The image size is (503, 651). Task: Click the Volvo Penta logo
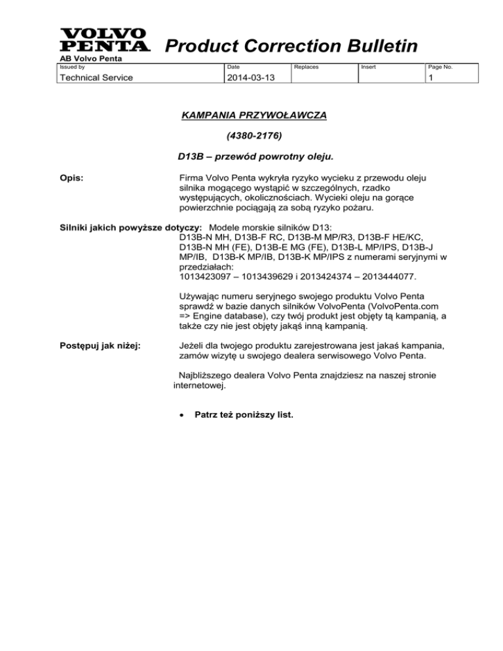103,41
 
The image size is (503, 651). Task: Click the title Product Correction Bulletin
291,46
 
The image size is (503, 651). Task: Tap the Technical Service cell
92,77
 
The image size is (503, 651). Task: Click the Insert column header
369,67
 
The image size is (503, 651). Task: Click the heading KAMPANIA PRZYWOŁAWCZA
253,116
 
